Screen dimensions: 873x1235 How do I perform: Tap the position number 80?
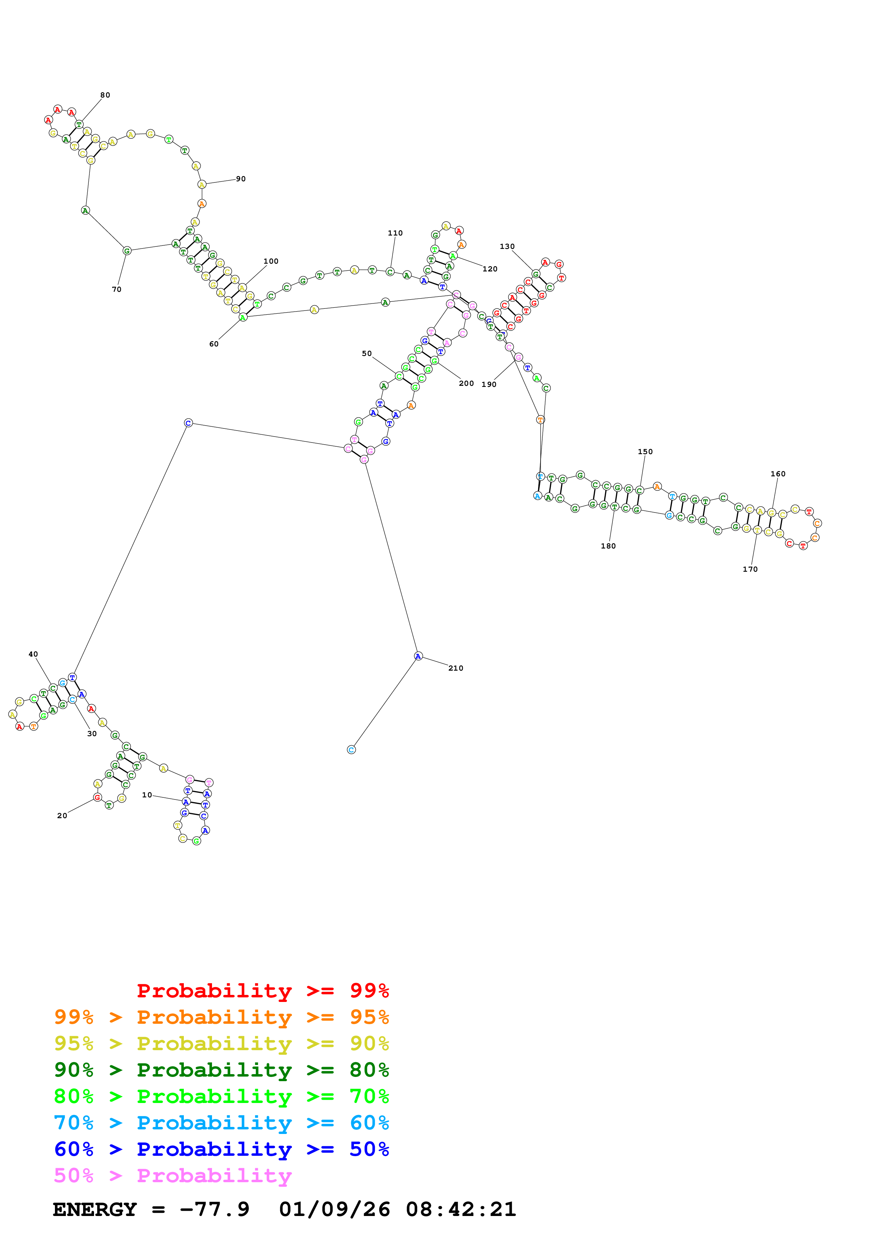pos(105,95)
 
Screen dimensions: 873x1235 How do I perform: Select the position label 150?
pos(645,452)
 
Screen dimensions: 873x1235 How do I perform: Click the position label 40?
pos(33,654)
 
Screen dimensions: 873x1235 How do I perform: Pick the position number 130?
pos(507,246)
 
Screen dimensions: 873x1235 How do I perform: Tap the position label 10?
pos(147,795)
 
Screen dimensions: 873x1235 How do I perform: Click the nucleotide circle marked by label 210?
pos(418,656)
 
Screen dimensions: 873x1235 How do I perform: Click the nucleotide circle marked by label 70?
pos(127,251)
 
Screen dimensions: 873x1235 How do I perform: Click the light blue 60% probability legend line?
pos(221,1123)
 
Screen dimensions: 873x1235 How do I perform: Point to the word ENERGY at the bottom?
pos(95,1209)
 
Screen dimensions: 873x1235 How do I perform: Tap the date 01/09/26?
pos(334,1209)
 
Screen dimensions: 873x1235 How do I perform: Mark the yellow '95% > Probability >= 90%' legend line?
pos(221,1043)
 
